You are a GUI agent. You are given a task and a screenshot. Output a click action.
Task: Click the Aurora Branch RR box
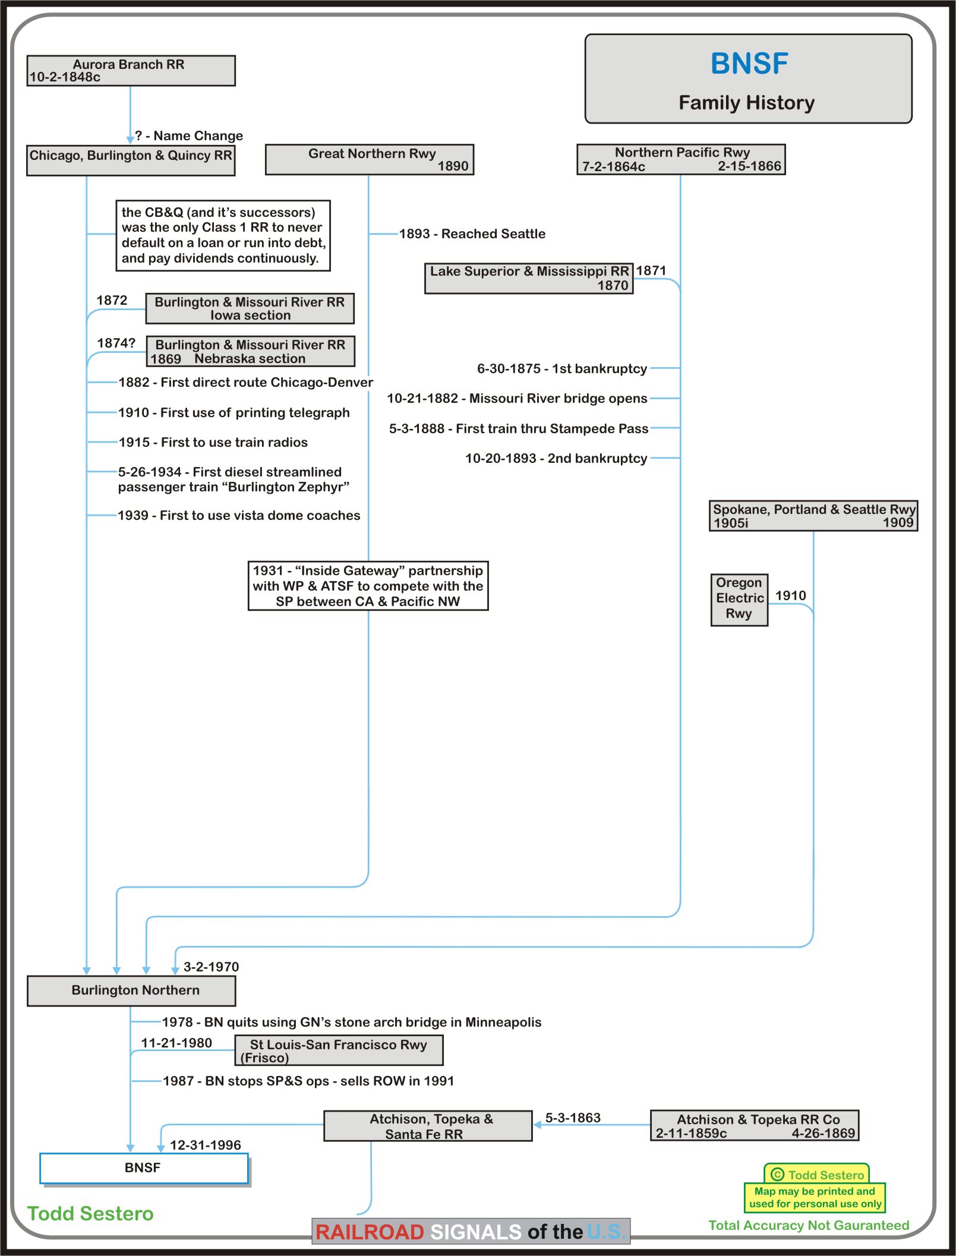click(x=131, y=71)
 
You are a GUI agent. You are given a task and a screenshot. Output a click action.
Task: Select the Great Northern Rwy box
click(x=369, y=159)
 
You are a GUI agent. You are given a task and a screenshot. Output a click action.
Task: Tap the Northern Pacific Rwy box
click(x=681, y=159)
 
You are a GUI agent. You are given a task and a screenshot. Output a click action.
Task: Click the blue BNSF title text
click(x=749, y=64)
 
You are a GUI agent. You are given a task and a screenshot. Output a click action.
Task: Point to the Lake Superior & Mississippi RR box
click(x=528, y=278)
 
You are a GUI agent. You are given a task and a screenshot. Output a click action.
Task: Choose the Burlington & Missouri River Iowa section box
click(x=250, y=308)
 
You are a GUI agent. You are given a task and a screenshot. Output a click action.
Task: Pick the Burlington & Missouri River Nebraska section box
click(x=250, y=352)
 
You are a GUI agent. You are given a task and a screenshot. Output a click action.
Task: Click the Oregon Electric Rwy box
click(x=739, y=599)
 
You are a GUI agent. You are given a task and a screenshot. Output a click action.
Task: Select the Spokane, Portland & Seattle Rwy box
click(x=813, y=516)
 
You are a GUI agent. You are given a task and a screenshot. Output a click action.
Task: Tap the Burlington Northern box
click(x=131, y=990)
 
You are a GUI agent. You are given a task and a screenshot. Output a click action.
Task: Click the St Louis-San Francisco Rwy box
click(x=339, y=1050)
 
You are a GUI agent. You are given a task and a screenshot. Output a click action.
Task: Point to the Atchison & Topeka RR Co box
click(x=754, y=1126)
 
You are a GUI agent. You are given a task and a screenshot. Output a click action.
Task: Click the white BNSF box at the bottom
click(x=143, y=1168)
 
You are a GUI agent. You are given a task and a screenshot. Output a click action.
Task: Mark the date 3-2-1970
click(x=211, y=967)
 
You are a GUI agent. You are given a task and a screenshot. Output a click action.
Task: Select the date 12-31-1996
click(x=205, y=1145)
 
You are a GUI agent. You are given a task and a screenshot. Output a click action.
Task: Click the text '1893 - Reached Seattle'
click(x=472, y=234)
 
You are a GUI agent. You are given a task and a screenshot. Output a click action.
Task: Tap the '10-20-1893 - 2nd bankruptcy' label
click(x=556, y=459)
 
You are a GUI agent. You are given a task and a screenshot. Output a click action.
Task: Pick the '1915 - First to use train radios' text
click(x=213, y=443)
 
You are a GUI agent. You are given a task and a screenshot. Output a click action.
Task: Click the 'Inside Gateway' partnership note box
click(x=368, y=586)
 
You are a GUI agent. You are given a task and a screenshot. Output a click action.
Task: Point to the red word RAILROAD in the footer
click(x=369, y=1232)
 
